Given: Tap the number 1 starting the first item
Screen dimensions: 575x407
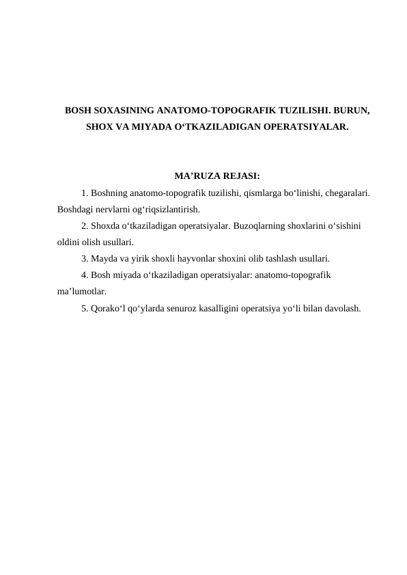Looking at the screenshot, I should (x=83, y=193).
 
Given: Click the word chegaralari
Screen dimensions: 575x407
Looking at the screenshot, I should (x=346, y=193).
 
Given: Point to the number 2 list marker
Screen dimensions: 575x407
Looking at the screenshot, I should (x=83, y=226).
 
